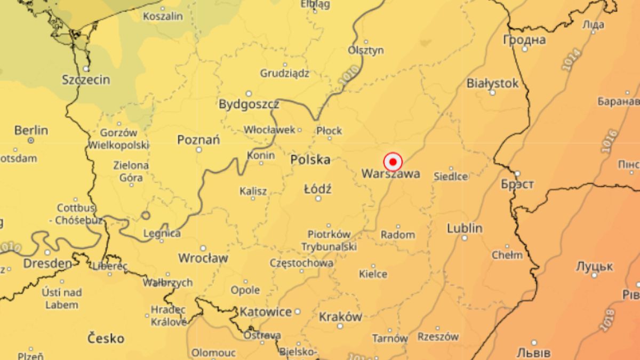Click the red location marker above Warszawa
click(x=393, y=162)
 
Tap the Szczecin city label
click(x=86, y=80)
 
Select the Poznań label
click(x=199, y=140)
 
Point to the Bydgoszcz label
click(x=249, y=104)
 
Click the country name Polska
click(x=310, y=160)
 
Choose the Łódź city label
click(x=318, y=189)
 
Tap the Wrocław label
click(x=203, y=258)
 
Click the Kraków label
click(x=340, y=317)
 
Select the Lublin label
click(x=465, y=228)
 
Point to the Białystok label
click(x=492, y=83)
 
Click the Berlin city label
click(x=31, y=130)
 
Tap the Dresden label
click(x=47, y=263)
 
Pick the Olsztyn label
click(x=366, y=50)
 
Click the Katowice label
click(x=266, y=311)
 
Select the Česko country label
click(x=106, y=338)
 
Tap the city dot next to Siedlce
click(x=451, y=169)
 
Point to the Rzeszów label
click(x=438, y=337)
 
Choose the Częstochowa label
click(x=302, y=263)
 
